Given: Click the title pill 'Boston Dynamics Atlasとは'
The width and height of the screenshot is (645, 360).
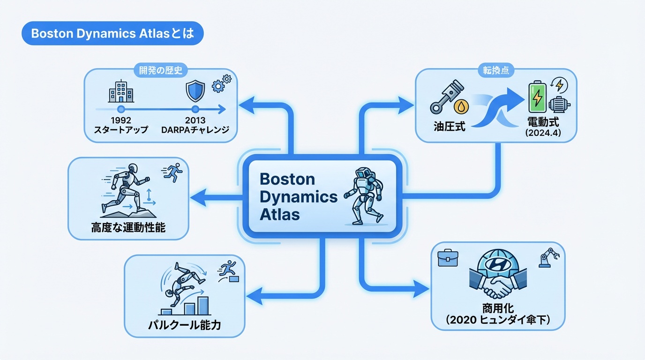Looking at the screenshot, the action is coord(112,35).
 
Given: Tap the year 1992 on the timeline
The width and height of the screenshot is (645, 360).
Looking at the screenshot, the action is coord(121,119).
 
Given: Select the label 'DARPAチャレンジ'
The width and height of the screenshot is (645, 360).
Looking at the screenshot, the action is coord(195,129).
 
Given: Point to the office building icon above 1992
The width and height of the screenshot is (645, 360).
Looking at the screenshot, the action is coord(120,91).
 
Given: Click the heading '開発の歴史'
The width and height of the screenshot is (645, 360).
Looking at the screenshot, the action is coord(161,71).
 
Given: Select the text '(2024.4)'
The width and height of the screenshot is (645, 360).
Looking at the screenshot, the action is coord(543,133).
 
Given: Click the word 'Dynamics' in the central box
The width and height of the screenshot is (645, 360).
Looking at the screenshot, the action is coord(298,197).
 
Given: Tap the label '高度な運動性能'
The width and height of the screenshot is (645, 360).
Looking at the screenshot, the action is coord(128,228).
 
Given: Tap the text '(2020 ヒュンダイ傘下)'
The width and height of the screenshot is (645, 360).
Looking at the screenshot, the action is coord(497,320).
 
